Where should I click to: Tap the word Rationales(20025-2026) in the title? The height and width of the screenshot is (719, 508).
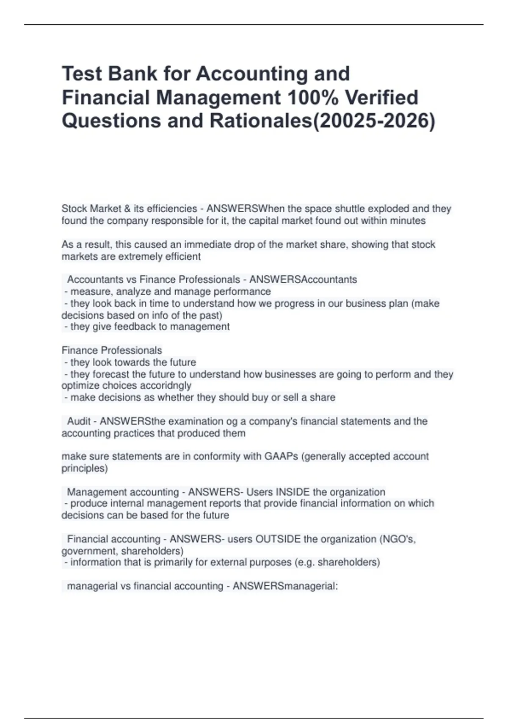point(322,121)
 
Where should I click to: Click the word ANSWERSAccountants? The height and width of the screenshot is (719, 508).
point(303,280)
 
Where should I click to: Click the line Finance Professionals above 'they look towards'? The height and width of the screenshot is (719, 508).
point(112,350)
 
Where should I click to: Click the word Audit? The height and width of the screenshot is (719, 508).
point(79,421)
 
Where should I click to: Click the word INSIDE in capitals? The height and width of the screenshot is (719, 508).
point(293,492)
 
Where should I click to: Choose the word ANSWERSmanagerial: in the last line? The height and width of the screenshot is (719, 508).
point(285,586)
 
